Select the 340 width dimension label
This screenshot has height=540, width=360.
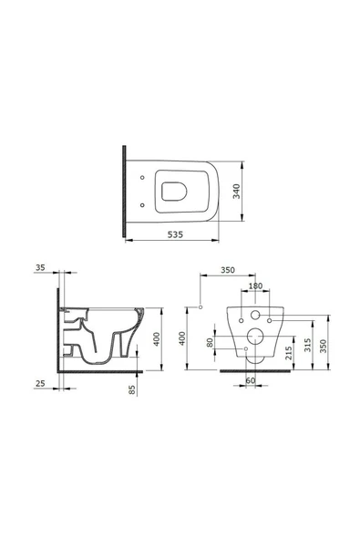(235, 192)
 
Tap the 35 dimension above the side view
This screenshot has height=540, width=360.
(38, 268)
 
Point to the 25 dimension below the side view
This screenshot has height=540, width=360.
(38, 384)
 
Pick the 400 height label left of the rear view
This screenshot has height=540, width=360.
(183, 338)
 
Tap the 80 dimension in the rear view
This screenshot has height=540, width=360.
(211, 345)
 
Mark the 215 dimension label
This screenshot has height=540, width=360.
(287, 353)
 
